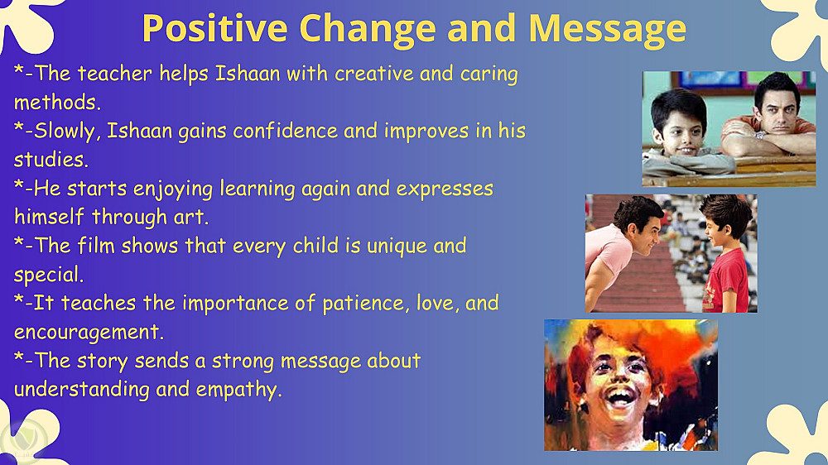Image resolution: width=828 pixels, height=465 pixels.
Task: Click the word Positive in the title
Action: click(215, 28)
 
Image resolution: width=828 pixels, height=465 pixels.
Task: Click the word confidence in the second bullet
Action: click(285, 131)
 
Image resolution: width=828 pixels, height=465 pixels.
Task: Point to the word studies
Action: click(51, 160)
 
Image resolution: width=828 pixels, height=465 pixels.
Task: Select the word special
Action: click(49, 276)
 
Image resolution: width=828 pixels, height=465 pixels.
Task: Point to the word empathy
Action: click(238, 391)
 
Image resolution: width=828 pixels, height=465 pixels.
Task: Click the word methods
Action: click(57, 102)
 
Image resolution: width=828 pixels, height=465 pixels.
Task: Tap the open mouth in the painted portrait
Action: click(620, 395)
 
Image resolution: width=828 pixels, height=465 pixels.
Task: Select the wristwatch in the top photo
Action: click(759, 135)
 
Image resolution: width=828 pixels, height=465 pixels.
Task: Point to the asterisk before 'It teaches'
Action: click(19, 300)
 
